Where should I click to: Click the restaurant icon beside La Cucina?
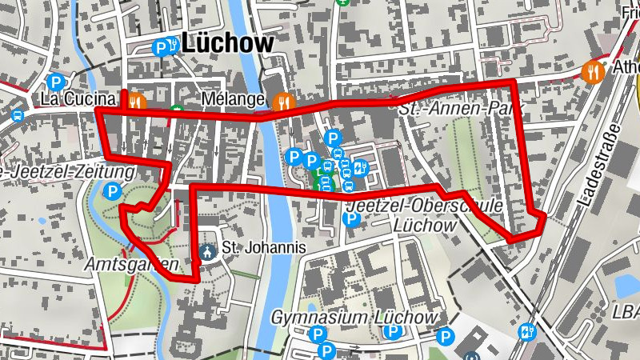coord(136,102)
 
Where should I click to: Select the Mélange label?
coord(234,99)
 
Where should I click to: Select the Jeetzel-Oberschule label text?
coord(423,206)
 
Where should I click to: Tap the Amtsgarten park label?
coord(129,262)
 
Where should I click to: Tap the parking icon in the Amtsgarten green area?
coord(113,191)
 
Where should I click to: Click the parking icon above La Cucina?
coord(55,82)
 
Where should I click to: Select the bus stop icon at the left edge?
coord(18,115)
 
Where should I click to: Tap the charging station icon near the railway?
coord(527,330)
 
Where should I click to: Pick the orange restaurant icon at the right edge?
coord(593,70)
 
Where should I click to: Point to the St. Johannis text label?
coord(264,248)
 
